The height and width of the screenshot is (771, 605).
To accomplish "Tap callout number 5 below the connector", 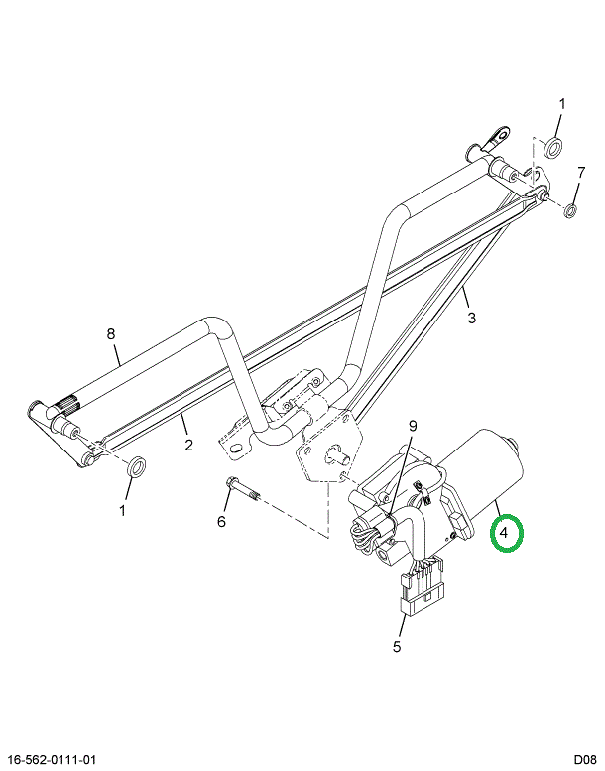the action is [397, 646].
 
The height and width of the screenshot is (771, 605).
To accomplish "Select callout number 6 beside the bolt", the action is [221, 521].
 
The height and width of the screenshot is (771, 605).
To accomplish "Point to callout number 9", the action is [413, 426].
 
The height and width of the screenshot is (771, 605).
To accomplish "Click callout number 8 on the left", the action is [111, 333].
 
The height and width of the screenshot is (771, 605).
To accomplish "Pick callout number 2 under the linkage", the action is [189, 445].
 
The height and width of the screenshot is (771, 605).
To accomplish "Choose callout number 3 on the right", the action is [472, 318].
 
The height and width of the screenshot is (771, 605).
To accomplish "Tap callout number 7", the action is [581, 172].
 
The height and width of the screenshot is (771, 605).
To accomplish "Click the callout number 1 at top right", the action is [562, 104].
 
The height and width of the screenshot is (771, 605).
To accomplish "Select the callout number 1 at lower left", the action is [123, 510].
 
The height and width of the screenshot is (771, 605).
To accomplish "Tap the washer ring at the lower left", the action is [136, 466].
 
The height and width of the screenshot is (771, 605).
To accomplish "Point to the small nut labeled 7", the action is [570, 210].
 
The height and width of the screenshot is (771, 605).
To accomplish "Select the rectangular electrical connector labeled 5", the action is [422, 585].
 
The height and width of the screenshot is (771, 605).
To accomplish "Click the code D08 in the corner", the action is [585, 760].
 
